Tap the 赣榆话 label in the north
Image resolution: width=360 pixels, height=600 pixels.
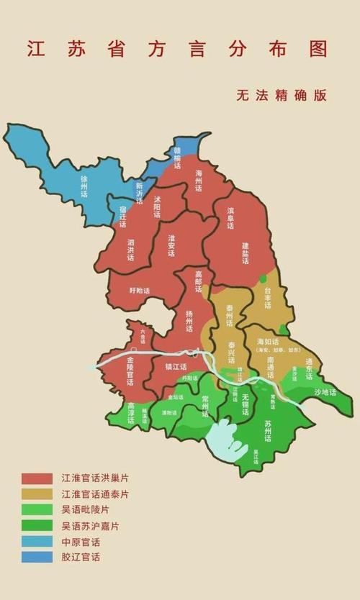177,154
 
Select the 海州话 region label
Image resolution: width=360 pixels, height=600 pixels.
199,181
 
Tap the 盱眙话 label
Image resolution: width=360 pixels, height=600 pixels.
140,291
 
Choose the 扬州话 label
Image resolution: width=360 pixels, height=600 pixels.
189,320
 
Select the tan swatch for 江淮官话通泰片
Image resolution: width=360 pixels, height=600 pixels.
37,494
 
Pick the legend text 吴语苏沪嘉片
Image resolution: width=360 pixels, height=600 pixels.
90,526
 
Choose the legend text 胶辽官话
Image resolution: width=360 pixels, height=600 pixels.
81,558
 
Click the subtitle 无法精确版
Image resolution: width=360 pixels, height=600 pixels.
280,95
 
